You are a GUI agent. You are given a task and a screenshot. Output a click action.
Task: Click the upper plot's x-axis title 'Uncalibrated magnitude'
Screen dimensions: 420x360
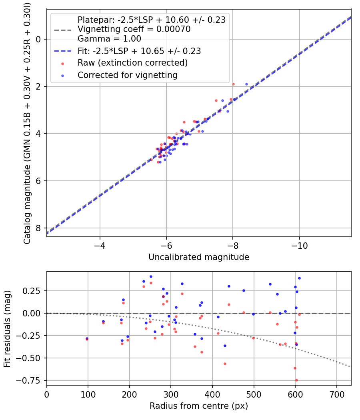pyautogui.click(x=199, y=257)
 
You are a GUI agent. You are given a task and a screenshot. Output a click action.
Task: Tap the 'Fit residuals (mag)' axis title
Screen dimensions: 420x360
pyautogui.click(x=7, y=328)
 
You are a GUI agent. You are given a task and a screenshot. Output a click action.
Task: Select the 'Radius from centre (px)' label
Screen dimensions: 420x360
pyautogui.click(x=199, y=406)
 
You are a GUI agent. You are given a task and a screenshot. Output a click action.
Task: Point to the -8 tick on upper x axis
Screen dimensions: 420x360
pyautogui.click(x=233, y=245)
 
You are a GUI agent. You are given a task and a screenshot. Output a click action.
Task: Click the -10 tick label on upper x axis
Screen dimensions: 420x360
pyautogui.click(x=299, y=245)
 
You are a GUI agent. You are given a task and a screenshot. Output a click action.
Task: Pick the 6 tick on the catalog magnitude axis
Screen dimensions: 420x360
pyautogui.click(x=38, y=181)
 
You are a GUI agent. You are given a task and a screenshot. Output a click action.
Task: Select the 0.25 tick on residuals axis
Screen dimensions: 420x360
pyautogui.click(x=34, y=290)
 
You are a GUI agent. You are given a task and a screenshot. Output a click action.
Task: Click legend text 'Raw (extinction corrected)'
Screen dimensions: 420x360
pyautogui.click(x=132, y=63)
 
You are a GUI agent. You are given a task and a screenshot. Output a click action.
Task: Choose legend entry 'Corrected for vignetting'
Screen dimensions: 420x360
pyautogui.click(x=128, y=75)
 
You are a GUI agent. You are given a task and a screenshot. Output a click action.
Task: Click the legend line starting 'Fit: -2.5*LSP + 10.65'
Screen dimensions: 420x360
pyautogui.click(x=139, y=51)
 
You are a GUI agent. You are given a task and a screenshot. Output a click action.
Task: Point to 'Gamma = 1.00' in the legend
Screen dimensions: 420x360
pyautogui.click(x=109, y=39)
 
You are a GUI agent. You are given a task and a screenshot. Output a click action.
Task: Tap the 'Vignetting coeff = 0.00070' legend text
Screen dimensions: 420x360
pyautogui.click(x=134, y=29)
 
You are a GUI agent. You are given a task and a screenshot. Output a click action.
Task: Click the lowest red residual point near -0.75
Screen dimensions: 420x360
pyautogui.click(x=296, y=380)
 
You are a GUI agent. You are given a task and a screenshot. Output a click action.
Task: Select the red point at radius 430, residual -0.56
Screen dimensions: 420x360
pyautogui.click(x=225, y=364)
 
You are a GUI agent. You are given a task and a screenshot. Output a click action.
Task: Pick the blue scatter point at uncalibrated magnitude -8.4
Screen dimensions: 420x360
pyautogui.click(x=246, y=84)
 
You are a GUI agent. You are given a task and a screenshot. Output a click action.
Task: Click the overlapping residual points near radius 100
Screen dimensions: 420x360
pyautogui.click(x=87, y=339)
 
